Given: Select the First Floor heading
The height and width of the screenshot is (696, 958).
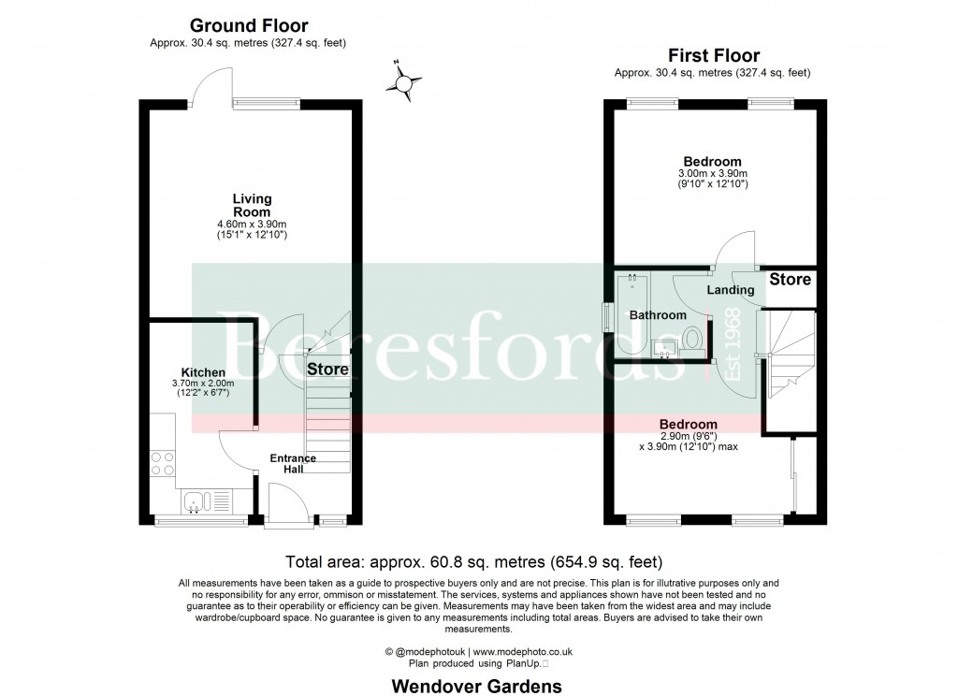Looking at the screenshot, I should point(712,56).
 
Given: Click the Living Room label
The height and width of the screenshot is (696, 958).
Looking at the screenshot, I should point(252,205).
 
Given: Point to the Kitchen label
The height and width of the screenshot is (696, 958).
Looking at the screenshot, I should point(203,372).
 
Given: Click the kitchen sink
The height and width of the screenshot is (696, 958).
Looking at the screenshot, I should point(201,502).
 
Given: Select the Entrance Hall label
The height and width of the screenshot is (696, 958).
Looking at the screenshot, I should point(293,463).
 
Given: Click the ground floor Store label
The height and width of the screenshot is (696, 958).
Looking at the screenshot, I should point(327,370).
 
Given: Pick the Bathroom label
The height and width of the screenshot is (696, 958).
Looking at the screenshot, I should point(657,315).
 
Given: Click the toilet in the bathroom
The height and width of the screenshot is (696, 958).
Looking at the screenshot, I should point(693,338).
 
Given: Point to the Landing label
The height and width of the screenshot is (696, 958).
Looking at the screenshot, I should point(730,291).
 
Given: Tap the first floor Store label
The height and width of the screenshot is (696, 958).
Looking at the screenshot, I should point(791,280).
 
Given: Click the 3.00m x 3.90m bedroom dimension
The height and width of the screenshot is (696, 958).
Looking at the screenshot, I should point(712,174).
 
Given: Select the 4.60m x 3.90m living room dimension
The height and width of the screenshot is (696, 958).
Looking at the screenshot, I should point(252,224).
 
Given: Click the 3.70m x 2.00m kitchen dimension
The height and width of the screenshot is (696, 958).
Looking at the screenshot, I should point(203,384).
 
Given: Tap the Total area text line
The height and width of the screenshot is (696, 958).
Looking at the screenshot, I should point(473,562).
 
